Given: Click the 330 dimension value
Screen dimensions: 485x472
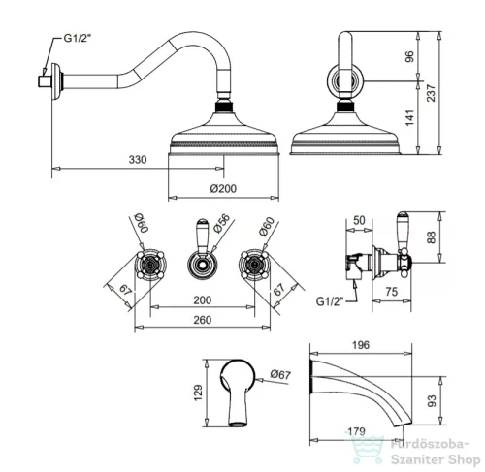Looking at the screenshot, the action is [x=138, y=159].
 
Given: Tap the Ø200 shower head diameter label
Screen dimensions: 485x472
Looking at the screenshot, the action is [x=223, y=188].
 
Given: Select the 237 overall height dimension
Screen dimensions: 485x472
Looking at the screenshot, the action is [x=431, y=93].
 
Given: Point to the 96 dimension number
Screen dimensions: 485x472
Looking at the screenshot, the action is [x=409, y=56].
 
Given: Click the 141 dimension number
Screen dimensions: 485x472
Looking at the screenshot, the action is [x=409, y=118].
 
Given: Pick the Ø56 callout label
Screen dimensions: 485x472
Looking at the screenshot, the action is [x=222, y=223].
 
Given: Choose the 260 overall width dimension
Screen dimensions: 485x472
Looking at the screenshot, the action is [x=203, y=320].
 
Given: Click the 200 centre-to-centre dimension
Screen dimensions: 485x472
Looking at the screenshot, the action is [x=203, y=300].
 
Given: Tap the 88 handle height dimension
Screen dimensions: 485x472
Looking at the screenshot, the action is [x=432, y=237].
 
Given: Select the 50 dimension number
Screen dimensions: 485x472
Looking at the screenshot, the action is [x=359, y=220].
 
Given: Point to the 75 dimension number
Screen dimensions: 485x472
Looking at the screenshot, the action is [x=391, y=292].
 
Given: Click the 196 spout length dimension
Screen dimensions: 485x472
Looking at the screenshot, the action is [x=361, y=345].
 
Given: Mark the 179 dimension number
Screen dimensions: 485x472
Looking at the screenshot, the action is [x=356, y=431].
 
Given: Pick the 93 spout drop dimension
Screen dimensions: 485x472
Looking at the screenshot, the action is [x=432, y=401].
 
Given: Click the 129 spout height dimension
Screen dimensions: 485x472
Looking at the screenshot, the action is [x=198, y=393].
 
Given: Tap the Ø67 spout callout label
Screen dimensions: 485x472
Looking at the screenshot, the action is [x=280, y=374].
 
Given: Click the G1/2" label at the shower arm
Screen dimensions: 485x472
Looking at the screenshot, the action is [x=78, y=38].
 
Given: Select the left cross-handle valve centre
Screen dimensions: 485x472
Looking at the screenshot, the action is [x=149, y=265].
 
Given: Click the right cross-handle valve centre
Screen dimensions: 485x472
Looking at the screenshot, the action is [x=254, y=265].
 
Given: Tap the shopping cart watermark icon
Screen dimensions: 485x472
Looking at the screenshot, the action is [x=368, y=449].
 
